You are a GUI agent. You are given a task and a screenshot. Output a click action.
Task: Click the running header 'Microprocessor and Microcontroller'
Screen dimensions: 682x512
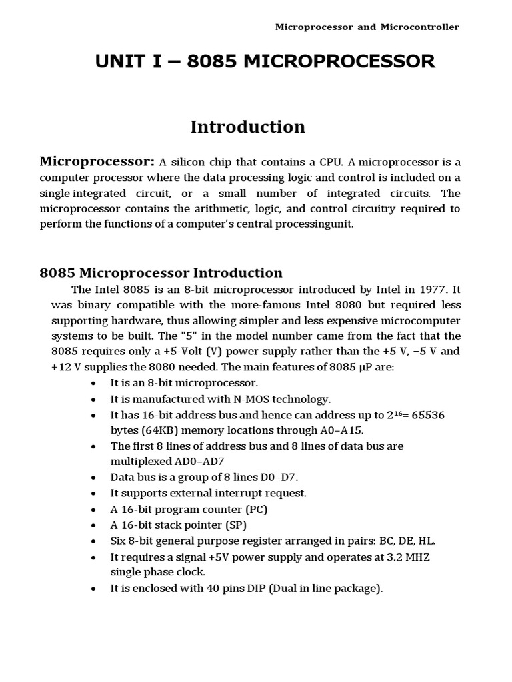pos(367,27)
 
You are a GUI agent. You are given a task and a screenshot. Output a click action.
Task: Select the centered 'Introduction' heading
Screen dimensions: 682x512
pos(247,127)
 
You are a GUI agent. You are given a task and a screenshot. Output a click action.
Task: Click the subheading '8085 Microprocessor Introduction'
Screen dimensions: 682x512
pos(161,273)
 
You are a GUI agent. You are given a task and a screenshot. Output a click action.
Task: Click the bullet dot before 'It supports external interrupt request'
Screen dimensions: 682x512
pos(95,494)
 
